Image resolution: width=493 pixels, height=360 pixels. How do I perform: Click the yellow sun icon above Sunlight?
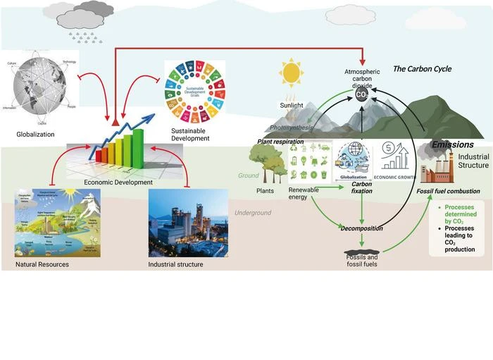(290, 72)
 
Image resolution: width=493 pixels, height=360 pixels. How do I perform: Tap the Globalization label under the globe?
(35, 134)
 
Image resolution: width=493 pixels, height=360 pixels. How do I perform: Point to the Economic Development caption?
(118, 182)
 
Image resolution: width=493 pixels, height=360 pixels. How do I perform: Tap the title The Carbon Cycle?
(421, 69)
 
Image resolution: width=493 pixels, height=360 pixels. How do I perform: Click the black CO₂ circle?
(361, 94)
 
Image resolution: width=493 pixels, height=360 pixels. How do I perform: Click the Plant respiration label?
(280, 142)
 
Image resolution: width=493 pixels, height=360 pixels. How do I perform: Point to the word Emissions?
(452, 144)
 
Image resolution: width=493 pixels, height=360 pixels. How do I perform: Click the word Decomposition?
(362, 229)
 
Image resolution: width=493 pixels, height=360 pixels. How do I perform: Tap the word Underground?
(252, 213)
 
